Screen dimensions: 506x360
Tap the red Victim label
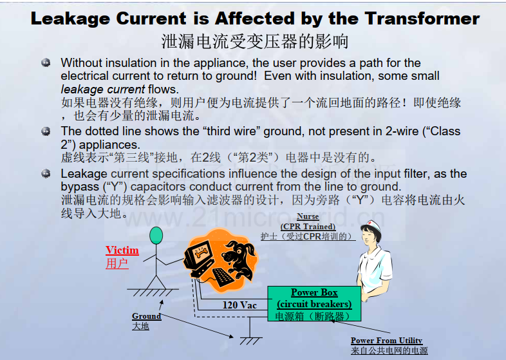click(x=122, y=251)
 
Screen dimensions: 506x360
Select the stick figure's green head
click(x=156, y=235)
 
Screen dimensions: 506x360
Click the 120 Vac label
click(x=239, y=305)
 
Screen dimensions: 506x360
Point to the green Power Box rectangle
click(x=314, y=303)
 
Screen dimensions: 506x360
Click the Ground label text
click(x=147, y=316)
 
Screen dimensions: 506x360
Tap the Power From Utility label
click(x=387, y=341)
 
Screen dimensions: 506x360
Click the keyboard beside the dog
click(x=223, y=277)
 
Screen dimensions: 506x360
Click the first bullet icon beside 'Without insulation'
click(x=46, y=62)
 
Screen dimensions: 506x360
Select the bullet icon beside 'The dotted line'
click(x=46, y=131)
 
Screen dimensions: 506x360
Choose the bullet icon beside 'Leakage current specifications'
click(x=46, y=174)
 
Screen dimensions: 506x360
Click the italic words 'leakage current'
click(x=103, y=89)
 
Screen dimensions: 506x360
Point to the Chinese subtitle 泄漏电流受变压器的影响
click(x=255, y=41)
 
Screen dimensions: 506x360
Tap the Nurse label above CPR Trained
click(x=308, y=216)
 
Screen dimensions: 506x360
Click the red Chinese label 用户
click(x=117, y=263)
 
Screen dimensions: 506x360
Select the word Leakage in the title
click(x=70, y=19)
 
